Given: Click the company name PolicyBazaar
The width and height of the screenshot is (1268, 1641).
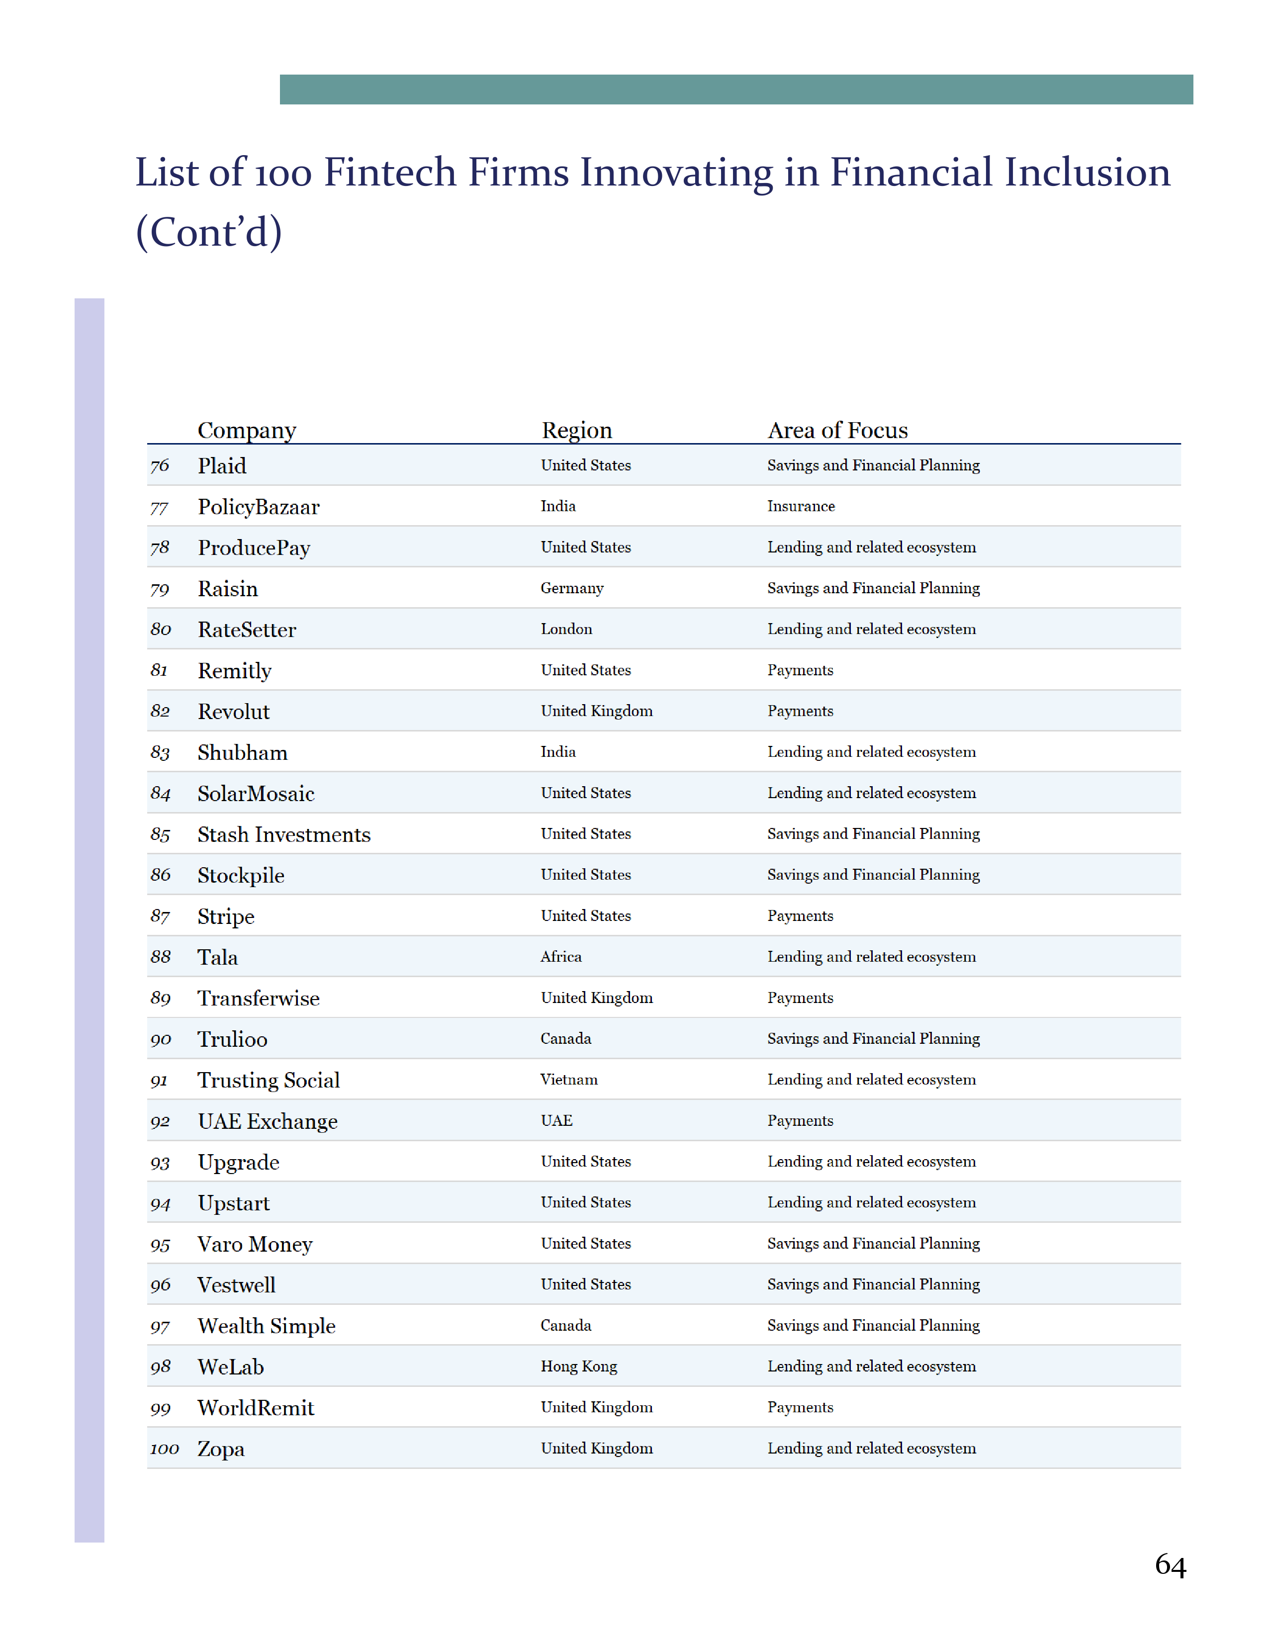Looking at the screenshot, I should click(259, 507).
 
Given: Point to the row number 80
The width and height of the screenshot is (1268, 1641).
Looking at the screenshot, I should click(160, 629).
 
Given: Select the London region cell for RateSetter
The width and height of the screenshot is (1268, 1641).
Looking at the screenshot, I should click(566, 629).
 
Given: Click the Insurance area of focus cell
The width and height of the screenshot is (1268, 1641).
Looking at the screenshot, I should click(800, 506).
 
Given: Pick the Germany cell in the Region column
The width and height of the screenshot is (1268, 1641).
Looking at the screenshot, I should click(572, 588).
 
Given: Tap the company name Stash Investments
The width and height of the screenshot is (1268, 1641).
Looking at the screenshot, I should click(283, 835).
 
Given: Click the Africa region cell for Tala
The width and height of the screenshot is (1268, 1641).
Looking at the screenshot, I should click(560, 956).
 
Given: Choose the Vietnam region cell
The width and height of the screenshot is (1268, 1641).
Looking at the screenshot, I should click(569, 1080).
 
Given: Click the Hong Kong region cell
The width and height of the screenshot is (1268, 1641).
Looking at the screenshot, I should click(578, 1366).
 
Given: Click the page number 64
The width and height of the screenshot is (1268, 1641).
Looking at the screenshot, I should click(1170, 1565).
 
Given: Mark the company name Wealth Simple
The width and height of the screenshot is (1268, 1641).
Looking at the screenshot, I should click(266, 1326).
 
